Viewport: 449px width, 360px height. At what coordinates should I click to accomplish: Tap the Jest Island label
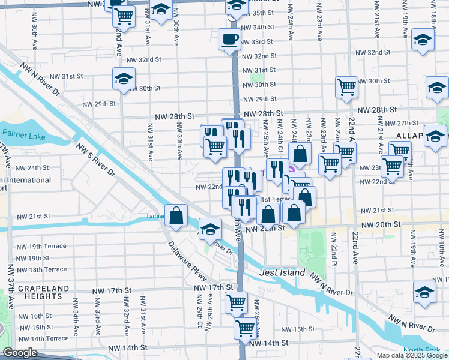pyautogui.click(x=282, y=272)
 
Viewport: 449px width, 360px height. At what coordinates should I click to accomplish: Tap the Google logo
pyautogui.click(x=19, y=353)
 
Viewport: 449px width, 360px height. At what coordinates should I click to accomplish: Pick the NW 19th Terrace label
pyautogui.click(x=41, y=247)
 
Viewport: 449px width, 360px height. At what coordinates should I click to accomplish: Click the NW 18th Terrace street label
pyautogui.click(x=41, y=269)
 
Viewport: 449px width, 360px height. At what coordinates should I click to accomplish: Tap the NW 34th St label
pyautogui.click(x=256, y=28)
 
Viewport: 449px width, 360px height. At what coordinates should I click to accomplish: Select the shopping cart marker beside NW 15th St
pyautogui.click(x=246, y=328)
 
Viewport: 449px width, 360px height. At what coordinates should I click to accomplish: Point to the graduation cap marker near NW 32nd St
pyautogui.click(x=423, y=41)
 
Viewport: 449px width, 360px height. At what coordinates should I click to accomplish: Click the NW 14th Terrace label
pyautogui.click(x=43, y=338)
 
